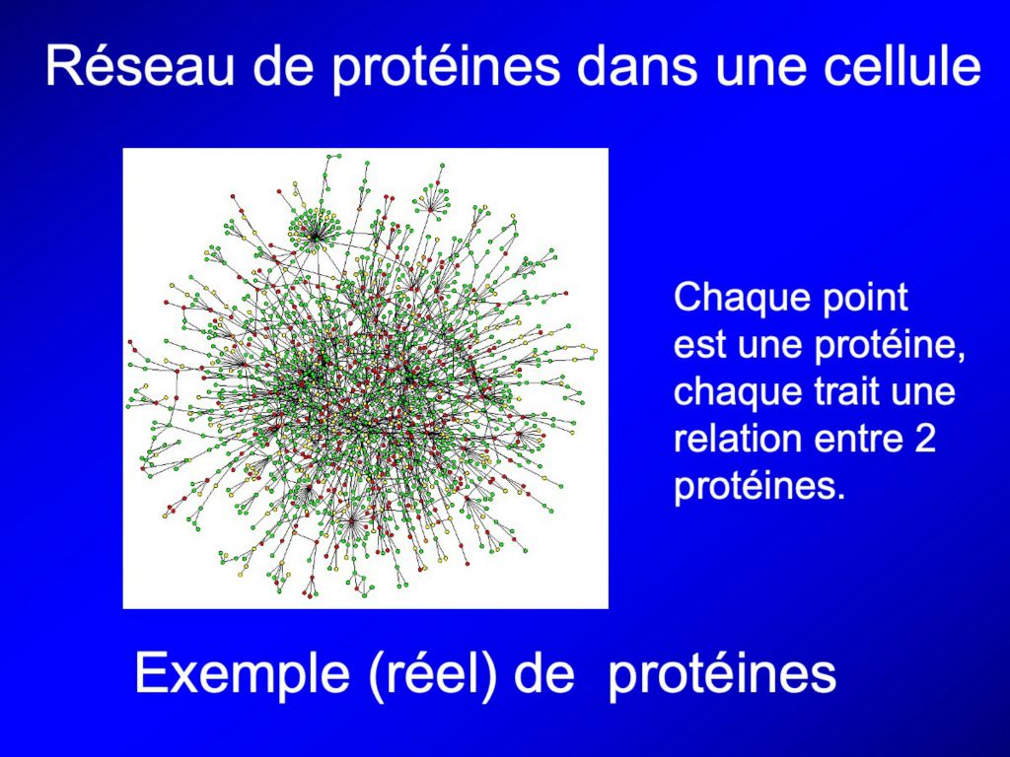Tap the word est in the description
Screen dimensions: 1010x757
point(701,344)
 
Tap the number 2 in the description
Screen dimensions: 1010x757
point(923,439)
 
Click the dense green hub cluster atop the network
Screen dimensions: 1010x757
point(315,229)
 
